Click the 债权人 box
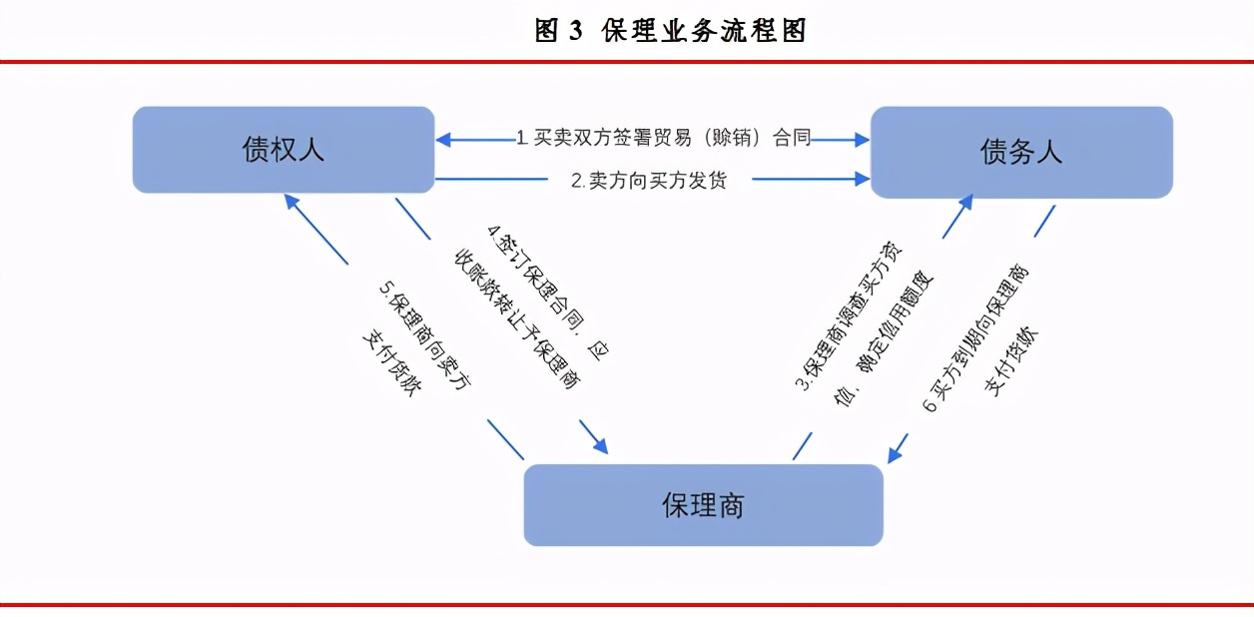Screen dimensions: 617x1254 [x=284, y=150]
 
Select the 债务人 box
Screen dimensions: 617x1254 [x=1020, y=152]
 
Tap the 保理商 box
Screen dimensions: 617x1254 [x=703, y=505]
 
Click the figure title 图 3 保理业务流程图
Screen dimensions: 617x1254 [x=670, y=31]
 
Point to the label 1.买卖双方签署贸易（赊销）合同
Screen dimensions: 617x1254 [x=663, y=138]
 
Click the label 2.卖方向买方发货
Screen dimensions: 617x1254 [x=648, y=180]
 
